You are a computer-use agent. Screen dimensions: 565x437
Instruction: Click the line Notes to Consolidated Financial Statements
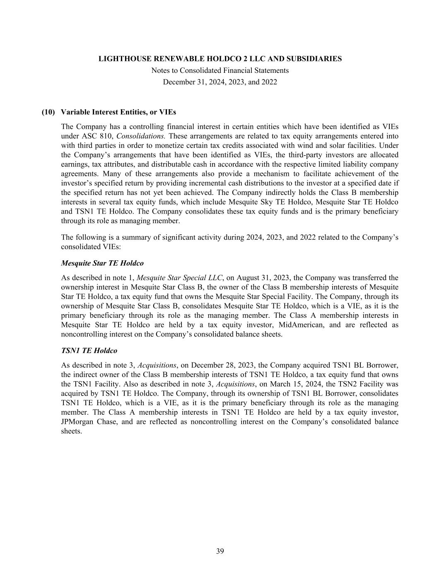[x=220, y=70]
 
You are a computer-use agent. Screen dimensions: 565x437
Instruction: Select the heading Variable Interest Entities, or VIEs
[x=118, y=112]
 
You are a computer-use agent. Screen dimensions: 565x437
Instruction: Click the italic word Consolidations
[x=141, y=136]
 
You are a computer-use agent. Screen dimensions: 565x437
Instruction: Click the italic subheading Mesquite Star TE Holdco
[x=102, y=263]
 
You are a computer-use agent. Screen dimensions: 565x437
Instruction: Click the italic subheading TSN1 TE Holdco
[x=89, y=351]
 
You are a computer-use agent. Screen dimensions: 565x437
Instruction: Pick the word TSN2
[x=336, y=384]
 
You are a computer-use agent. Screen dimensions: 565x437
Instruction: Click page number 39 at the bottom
[x=220, y=551]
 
